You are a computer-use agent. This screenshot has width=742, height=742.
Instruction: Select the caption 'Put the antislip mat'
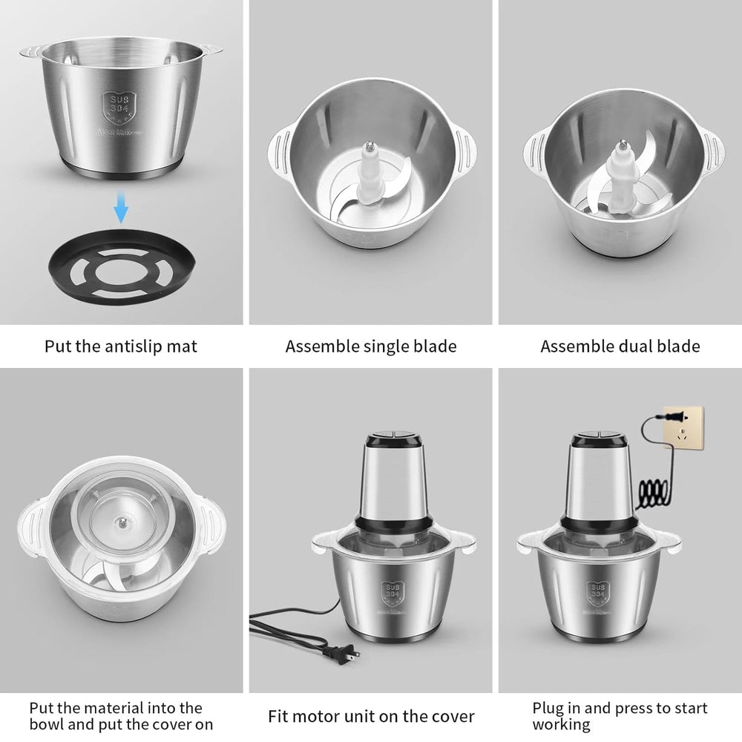click(121, 346)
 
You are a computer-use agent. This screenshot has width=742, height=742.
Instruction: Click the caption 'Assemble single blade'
click(371, 346)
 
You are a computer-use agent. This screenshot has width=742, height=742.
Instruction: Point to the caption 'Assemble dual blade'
click(620, 346)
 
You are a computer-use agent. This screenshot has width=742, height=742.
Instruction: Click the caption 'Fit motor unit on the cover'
click(371, 717)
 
